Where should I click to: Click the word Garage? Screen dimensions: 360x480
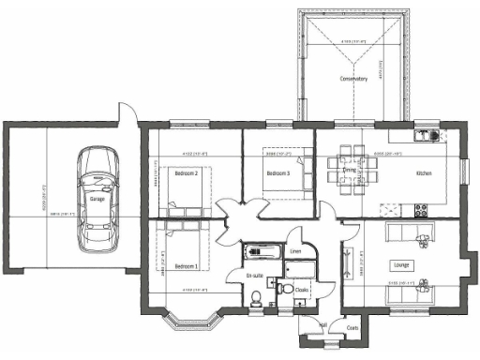point(97,200)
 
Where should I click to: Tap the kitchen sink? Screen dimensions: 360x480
point(430,134)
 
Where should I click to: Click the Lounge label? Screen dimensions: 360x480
point(402,265)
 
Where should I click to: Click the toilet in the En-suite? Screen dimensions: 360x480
point(259,298)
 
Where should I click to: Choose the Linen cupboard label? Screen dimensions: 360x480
point(295,251)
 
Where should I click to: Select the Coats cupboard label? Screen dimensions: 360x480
point(352,328)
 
